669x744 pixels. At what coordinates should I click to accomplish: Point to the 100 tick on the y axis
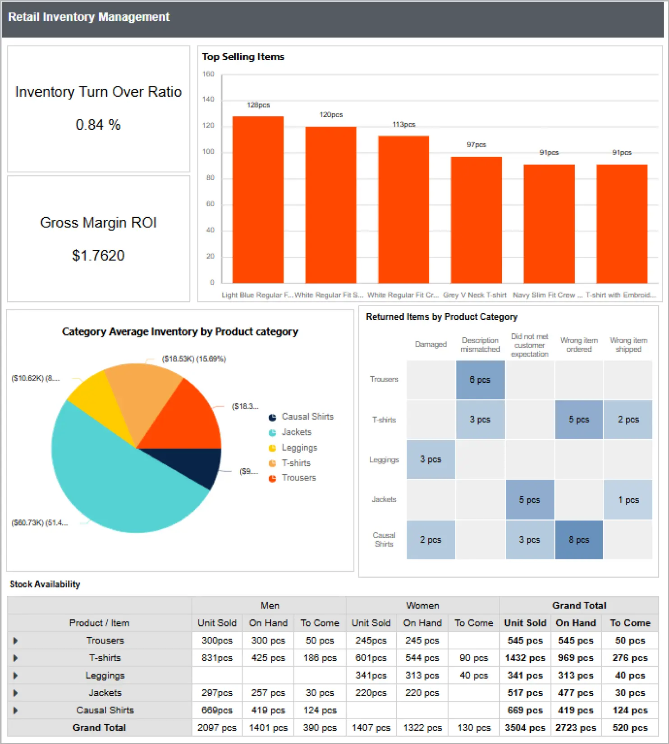coord(208,152)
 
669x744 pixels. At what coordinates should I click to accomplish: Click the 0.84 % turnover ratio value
coord(98,125)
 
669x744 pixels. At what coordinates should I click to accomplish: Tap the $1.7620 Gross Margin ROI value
coord(98,255)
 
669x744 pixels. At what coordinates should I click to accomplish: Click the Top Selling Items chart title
coord(243,57)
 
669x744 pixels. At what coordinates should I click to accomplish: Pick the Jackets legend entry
coord(296,432)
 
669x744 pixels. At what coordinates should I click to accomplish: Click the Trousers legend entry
coord(298,478)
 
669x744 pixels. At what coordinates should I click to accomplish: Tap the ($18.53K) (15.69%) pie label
coord(194,359)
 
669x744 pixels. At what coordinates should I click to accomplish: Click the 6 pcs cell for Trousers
coord(480,380)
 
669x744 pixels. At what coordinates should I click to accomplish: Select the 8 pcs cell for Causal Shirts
coord(578,540)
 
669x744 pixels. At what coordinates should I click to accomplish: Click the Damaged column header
coord(431,345)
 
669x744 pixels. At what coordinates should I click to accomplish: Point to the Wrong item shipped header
coord(628,345)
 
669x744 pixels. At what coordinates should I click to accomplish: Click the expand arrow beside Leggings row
coord(16,676)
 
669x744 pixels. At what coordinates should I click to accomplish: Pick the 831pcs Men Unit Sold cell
coord(217,658)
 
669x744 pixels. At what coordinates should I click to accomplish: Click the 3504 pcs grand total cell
coord(525,728)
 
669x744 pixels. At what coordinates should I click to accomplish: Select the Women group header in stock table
coord(422,606)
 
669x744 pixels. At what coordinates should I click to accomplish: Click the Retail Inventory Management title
coord(89,17)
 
